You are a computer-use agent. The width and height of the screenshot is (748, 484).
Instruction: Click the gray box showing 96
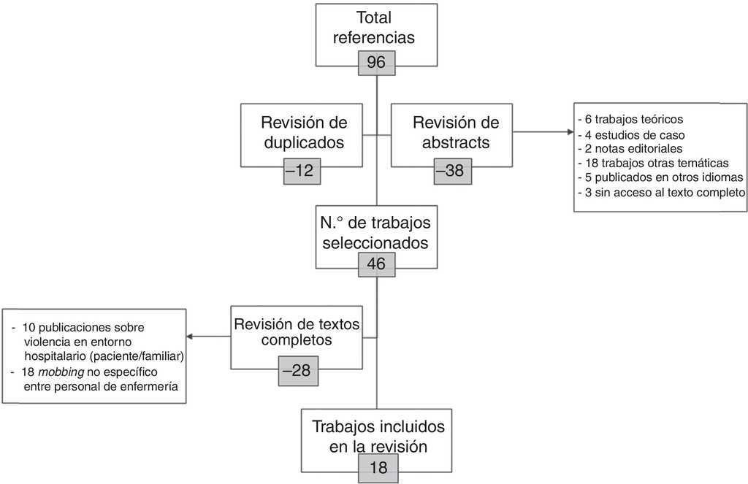(x=376, y=64)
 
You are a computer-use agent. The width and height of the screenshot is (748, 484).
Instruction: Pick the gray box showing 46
(x=376, y=264)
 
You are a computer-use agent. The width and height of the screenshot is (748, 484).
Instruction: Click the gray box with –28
(x=296, y=370)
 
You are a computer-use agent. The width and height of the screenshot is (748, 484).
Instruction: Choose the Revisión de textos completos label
(x=296, y=331)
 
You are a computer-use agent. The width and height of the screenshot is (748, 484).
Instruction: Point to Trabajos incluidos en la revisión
(x=377, y=436)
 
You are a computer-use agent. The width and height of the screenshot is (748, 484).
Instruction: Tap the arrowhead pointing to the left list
(x=190, y=337)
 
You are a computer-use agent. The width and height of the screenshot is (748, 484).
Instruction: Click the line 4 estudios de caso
(x=630, y=135)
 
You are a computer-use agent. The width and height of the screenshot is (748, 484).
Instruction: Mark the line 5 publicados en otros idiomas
(x=660, y=178)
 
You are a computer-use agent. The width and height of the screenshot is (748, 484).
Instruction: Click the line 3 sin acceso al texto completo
(x=660, y=193)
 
